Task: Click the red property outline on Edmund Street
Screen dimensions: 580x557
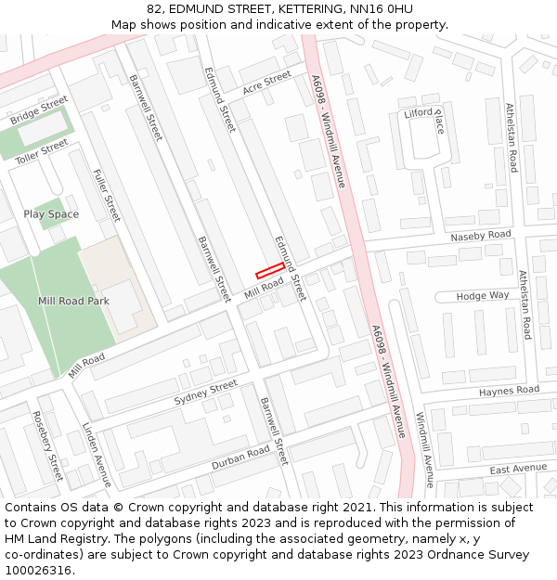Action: pos(270,270)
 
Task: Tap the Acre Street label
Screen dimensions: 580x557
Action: pos(266,83)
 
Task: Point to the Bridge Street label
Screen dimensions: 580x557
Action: pos(39,110)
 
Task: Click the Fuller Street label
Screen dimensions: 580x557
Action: pos(107,195)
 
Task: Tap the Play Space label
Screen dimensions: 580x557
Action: pos(51,214)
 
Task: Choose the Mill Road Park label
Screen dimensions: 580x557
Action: pos(73,301)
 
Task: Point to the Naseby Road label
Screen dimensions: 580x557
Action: pos(481,236)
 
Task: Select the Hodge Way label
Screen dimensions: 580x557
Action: pos(483,295)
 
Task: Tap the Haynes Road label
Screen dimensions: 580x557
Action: pos(509,391)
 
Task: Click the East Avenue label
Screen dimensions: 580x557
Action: pos(518,469)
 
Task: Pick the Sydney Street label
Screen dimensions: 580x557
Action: pos(206,393)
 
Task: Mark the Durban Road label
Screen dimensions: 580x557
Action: pos(240,457)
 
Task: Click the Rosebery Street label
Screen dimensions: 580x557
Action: pos(47,445)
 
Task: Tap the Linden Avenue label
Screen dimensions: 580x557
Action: pos(96,455)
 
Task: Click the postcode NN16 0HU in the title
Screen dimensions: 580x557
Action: pos(382,9)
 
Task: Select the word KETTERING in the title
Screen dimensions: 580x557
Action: pos(309,9)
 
